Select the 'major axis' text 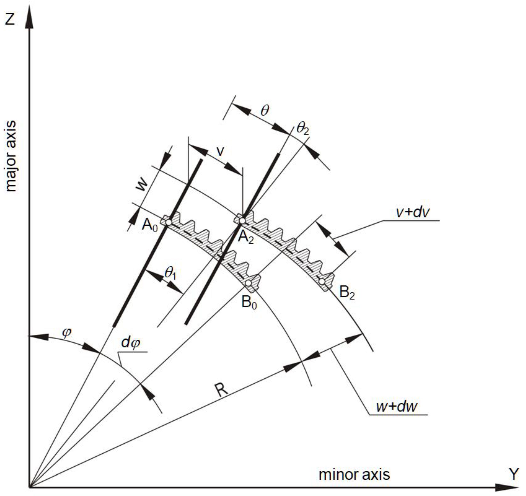[x=11, y=156]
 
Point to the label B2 [x=347, y=293]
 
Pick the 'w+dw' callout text [x=397, y=406]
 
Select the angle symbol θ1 [x=170, y=272]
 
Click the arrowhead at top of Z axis [x=29, y=17]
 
